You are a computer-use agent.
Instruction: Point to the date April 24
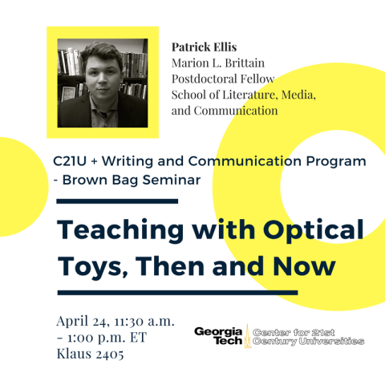(x=85, y=320)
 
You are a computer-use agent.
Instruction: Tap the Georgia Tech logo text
(x=218, y=336)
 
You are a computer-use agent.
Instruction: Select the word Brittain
(x=261, y=63)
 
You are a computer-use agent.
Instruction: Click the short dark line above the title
(x=117, y=201)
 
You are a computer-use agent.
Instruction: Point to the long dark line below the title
(x=177, y=292)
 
